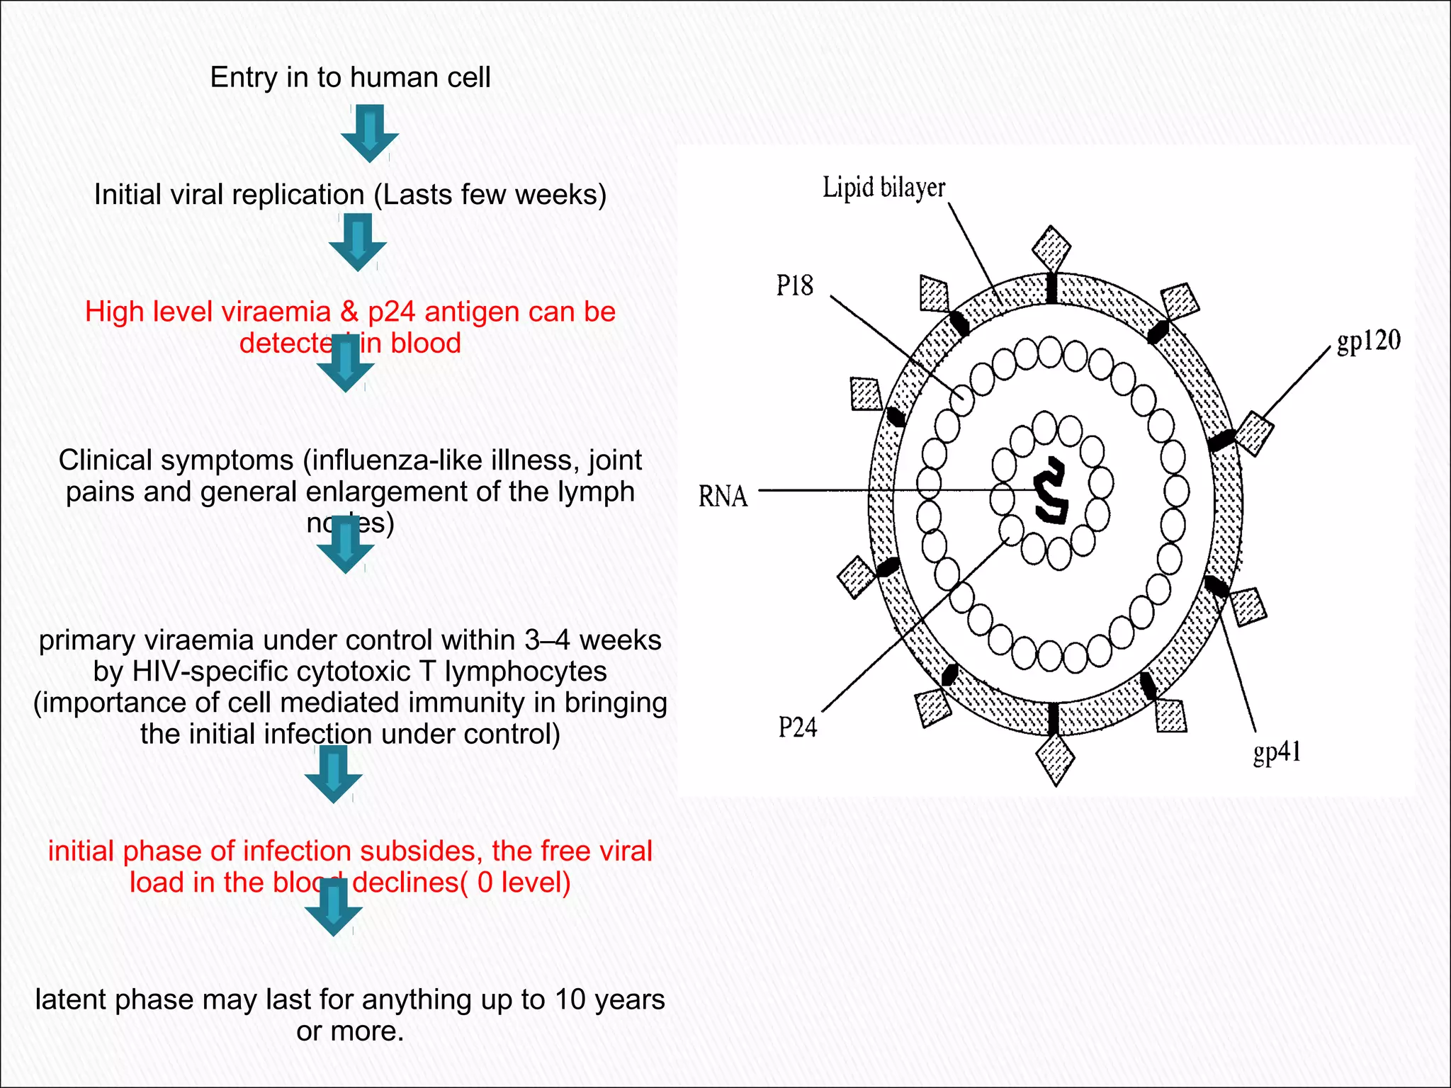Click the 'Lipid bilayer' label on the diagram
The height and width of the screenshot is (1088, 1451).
(883, 188)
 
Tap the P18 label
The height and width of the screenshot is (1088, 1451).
(794, 286)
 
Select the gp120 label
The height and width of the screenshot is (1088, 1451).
(1368, 341)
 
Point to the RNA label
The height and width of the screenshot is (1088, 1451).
(723, 496)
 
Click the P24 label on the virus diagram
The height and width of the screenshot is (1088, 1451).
(797, 727)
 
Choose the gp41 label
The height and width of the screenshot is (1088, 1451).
(1277, 752)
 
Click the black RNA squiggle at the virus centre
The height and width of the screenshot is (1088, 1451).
(1051, 490)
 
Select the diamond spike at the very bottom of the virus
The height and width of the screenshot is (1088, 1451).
(1055, 759)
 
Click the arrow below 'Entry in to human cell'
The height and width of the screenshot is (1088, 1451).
(369, 133)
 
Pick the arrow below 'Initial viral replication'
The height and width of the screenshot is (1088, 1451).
(358, 242)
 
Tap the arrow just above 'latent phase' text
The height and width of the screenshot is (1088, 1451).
(333, 907)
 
